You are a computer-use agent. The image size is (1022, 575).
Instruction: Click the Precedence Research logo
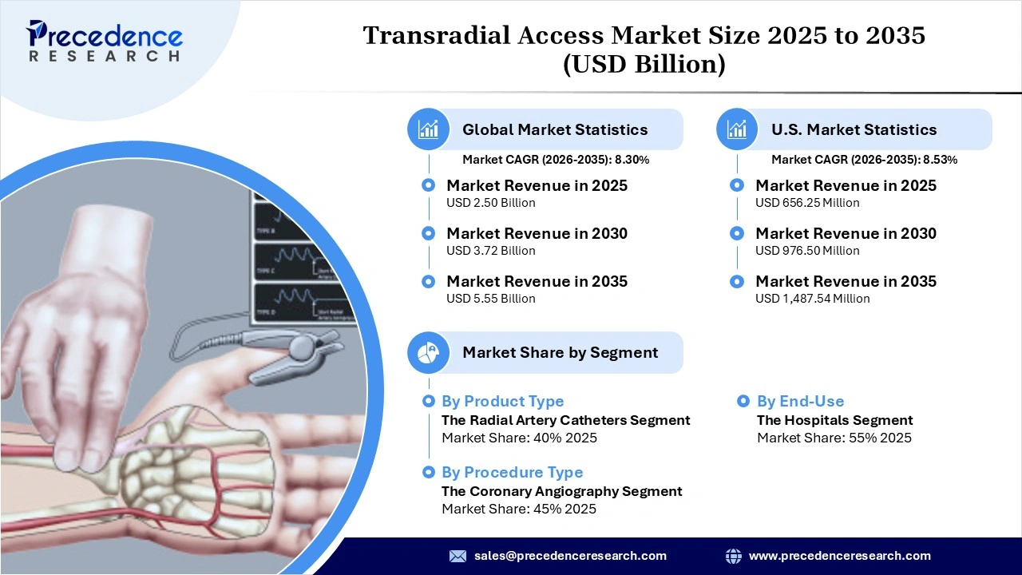click(x=105, y=42)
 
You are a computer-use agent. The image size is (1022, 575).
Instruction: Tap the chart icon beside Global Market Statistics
click(x=429, y=129)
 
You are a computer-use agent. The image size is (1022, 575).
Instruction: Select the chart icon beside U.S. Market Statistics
click(x=738, y=129)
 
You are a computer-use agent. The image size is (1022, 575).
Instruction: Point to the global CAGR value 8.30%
click(x=631, y=160)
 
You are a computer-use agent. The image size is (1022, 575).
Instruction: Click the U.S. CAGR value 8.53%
click(x=940, y=160)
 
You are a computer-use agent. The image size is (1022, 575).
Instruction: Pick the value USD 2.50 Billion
click(x=490, y=203)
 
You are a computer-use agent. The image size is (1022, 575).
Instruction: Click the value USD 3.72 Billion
click(x=490, y=251)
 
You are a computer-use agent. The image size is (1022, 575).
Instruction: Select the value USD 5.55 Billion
click(x=490, y=299)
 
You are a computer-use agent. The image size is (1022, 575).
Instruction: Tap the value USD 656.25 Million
click(x=807, y=203)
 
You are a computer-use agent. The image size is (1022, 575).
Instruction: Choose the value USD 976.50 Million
click(x=807, y=251)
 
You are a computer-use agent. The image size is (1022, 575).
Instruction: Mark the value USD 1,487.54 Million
click(x=812, y=299)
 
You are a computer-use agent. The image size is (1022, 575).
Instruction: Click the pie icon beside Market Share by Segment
click(x=429, y=352)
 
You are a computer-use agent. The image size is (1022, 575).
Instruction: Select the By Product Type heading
click(x=502, y=402)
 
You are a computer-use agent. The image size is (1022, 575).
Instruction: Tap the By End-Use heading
click(x=800, y=402)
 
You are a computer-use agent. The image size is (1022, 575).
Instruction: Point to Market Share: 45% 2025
click(x=519, y=510)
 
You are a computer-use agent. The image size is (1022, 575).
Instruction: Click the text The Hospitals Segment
click(x=834, y=420)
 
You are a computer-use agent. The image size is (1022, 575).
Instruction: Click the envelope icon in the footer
click(x=458, y=556)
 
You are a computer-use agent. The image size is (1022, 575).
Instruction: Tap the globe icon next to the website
click(x=733, y=556)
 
